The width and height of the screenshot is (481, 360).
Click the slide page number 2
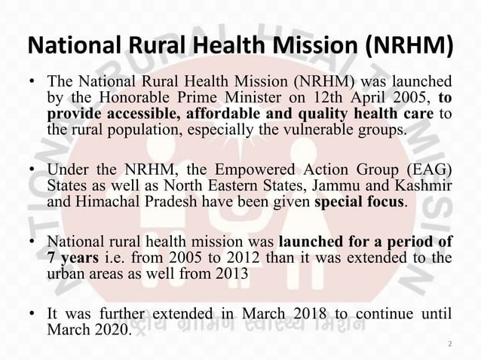tap(450, 345)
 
